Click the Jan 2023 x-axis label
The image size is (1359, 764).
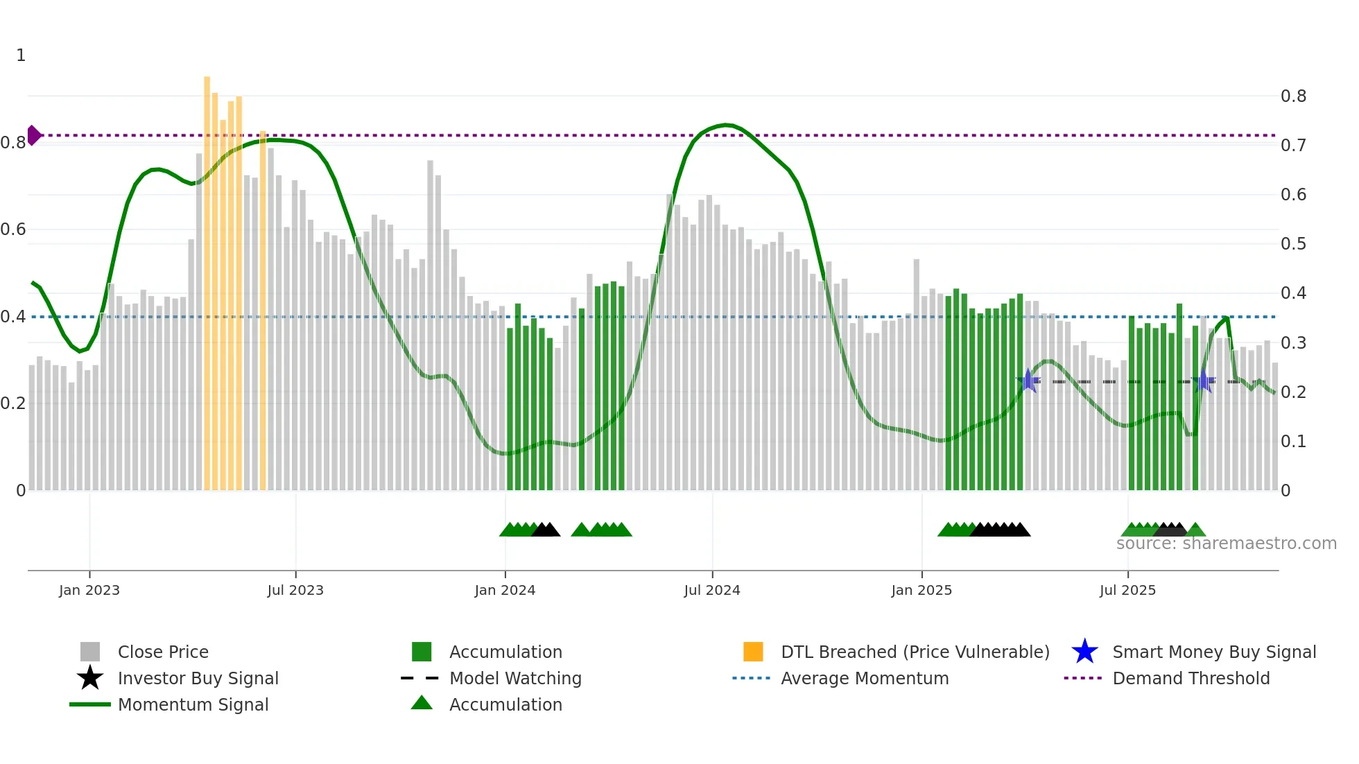coord(89,591)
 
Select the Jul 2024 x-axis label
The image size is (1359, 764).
coord(712,591)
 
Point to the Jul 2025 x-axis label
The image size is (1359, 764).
coord(1127,591)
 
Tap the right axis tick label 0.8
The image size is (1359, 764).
coord(1293,96)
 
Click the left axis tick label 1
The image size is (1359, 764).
coord(21,55)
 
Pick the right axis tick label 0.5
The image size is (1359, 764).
coord(1293,244)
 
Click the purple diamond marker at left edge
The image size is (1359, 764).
coord(33,135)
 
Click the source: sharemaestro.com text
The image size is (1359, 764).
coord(1226,544)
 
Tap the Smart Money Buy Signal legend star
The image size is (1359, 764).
coord(1084,652)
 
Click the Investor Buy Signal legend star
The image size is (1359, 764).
coord(90,678)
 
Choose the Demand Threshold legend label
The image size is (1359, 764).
coord(1191,678)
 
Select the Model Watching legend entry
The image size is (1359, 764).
coord(514,678)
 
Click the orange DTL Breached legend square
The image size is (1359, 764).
coord(753,652)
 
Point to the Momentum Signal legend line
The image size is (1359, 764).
coord(90,704)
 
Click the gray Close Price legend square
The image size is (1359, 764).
coord(90,652)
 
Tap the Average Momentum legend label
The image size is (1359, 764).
coord(864,678)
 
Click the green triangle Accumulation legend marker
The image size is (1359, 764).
coord(422,703)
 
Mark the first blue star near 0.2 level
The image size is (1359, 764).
coord(1028,381)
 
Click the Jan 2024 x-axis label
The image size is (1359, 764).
coord(505,591)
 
